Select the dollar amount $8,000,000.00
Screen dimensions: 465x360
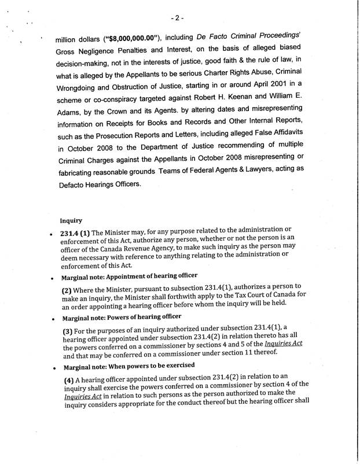pos(126,39)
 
